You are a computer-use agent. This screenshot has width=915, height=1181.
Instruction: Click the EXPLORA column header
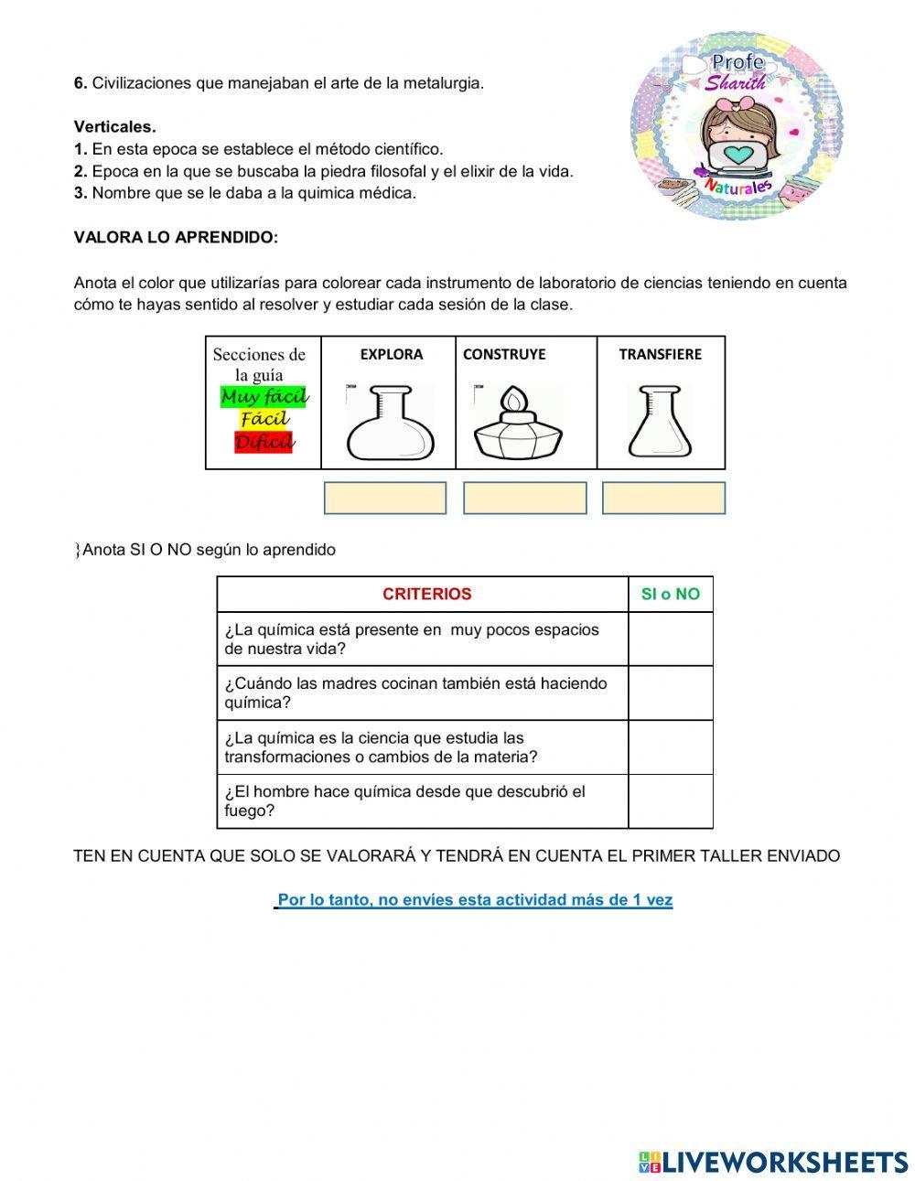pos(391,354)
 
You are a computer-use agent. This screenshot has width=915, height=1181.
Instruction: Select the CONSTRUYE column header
pos(504,354)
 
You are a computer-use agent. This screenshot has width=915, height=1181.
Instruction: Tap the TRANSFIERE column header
pos(660,354)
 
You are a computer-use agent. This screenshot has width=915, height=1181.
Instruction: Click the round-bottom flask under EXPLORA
pos(389,422)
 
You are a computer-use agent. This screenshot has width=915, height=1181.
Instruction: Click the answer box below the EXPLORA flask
pos(385,498)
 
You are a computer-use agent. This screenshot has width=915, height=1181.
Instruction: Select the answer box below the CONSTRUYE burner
pos(524,498)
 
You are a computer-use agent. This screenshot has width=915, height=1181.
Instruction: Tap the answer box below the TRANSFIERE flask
pos(663,498)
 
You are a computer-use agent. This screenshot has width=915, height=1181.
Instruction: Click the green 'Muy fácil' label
pos(264,397)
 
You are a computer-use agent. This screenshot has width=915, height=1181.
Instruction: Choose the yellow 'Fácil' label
pos(264,419)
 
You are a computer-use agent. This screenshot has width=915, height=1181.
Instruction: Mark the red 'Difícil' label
pos(264,443)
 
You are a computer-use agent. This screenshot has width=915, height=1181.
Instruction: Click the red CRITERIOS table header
pos(426,594)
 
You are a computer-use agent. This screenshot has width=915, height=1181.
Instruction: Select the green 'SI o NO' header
pos(670,594)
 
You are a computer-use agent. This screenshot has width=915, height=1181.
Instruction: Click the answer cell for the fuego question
pos(670,801)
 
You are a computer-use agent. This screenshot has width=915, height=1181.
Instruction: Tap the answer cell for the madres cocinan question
pos(670,692)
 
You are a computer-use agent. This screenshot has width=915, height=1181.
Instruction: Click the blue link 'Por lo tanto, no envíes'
pos(474,900)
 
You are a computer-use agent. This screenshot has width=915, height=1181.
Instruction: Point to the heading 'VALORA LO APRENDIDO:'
pos(176,237)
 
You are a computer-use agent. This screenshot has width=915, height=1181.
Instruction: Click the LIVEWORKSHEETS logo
pos(772,1162)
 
